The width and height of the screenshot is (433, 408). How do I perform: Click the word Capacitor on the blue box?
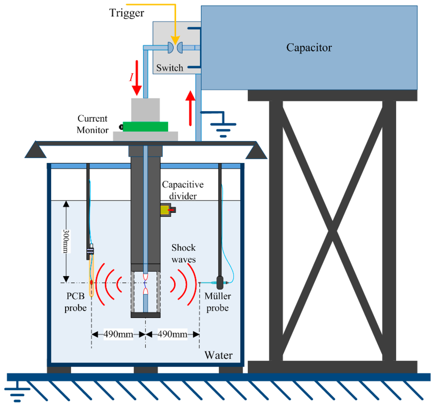click(x=309, y=47)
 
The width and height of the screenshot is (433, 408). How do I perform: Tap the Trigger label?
click(x=127, y=13)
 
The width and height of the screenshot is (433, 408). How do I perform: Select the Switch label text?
click(x=170, y=68)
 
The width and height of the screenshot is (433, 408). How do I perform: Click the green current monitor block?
click(x=145, y=126)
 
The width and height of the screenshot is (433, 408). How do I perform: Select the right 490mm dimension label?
click(x=172, y=335)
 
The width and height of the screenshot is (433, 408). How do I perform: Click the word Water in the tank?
click(x=218, y=355)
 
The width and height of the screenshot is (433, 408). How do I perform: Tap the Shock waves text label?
click(x=184, y=253)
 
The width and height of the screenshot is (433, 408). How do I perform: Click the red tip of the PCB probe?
click(x=91, y=282)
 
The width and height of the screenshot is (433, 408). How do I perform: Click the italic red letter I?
click(x=131, y=77)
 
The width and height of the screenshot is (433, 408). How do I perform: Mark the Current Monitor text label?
click(x=92, y=125)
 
